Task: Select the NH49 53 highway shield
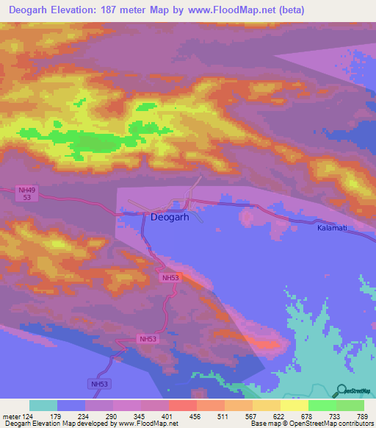(26, 193)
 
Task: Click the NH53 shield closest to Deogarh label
(170, 277)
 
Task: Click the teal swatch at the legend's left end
(43, 405)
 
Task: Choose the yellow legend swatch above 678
(294, 405)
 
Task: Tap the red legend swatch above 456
(183, 405)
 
